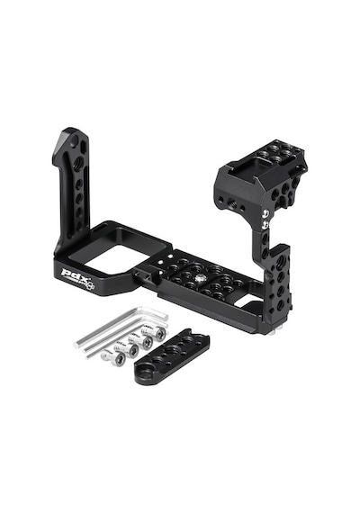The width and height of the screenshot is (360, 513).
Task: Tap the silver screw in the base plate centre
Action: click(199, 278)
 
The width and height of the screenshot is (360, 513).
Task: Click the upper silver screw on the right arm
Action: click(265, 214)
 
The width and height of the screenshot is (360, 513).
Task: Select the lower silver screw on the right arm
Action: click(265, 224)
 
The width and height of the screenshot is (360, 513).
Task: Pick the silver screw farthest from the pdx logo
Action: click(157, 334)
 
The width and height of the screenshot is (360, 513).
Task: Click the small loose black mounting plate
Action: click(172, 355)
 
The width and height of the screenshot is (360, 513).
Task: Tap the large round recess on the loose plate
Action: click(143, 373)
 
